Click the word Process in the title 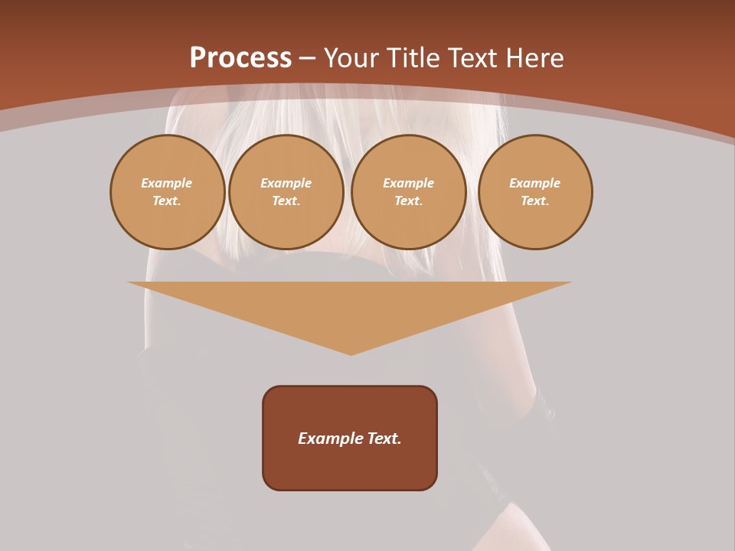[240, 58]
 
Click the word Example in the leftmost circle [167, 183]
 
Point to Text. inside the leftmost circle [167, 201]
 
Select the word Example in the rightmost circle [535, 183]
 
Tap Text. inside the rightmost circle [535, 201]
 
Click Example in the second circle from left [286, 183]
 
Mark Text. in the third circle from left [408, 201]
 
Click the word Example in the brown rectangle [327, 439]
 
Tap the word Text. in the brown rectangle [384, 439]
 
